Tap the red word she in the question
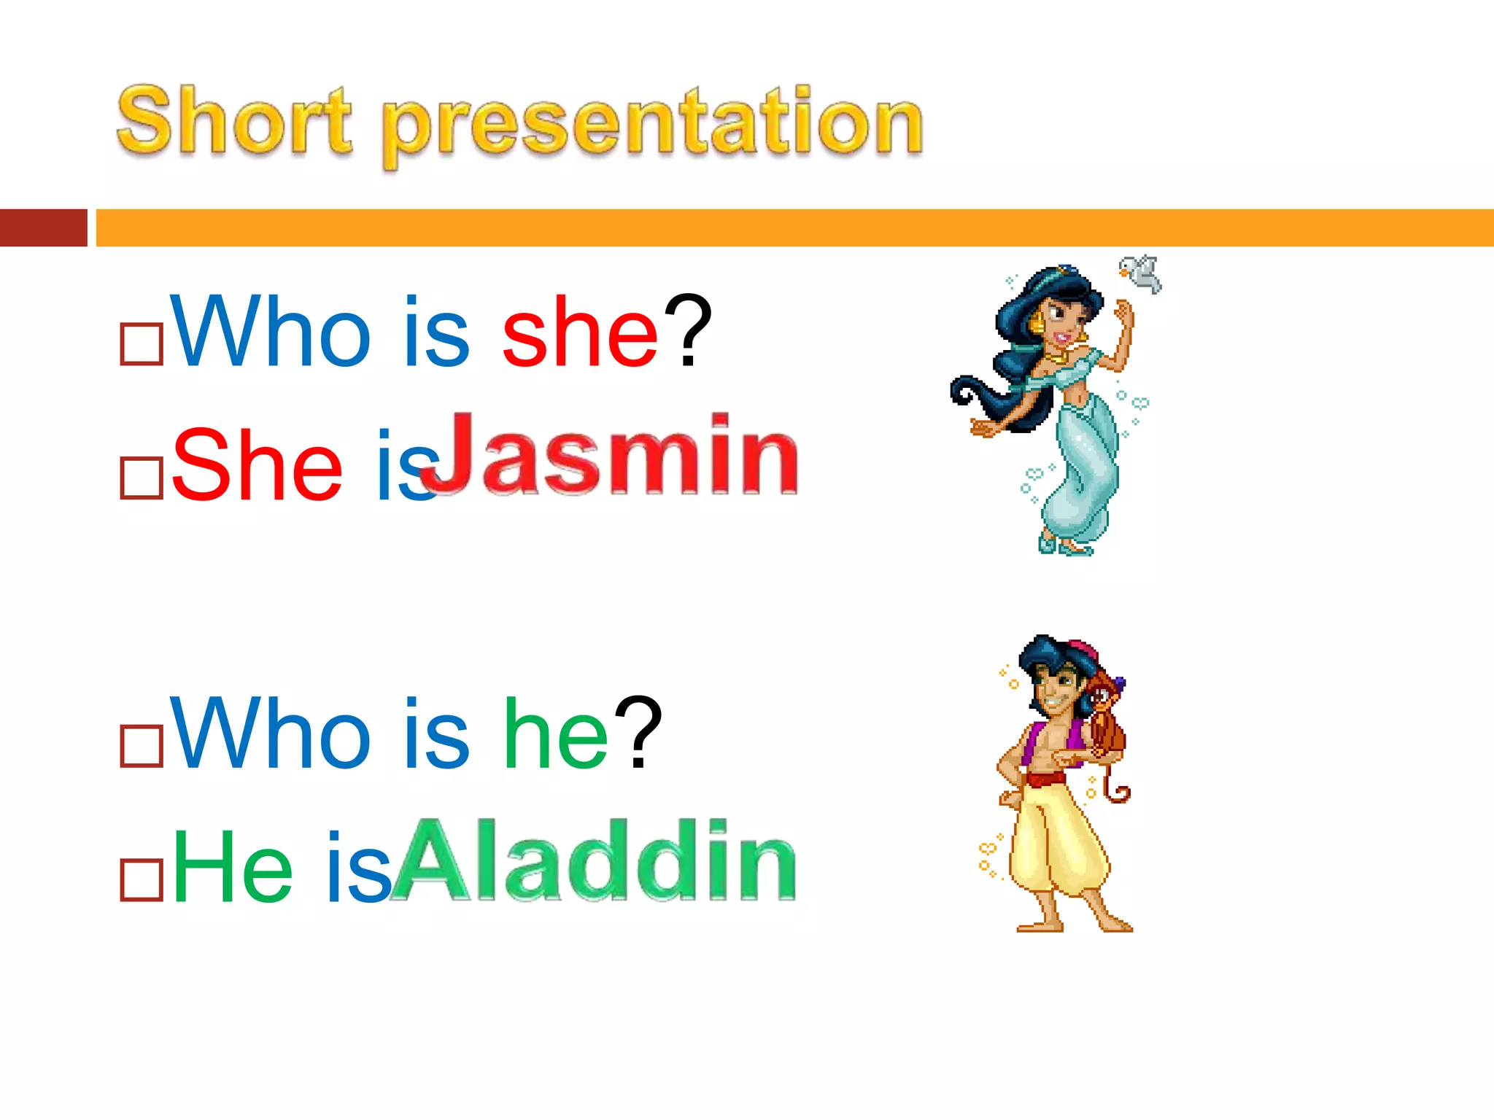pyautogui.click(x=581, y=332)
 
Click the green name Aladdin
pyautogui.click(x=594, y=860)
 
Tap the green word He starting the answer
pyautogui.click(x=232, y=868)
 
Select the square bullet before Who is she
pyautogui.click(x=142, y=343)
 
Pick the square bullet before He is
pyautogui.click(x=142, y=880)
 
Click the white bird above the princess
pyautogui.click(x=1141, y=273)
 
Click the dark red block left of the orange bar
pyautogui.click(x=43, y=227)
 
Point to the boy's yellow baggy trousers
pyautogui.click(x=1057, y=839)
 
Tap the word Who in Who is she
pyautogui.click(x=271, y=332)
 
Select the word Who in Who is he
pyautogui.click(x=271, y=734)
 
